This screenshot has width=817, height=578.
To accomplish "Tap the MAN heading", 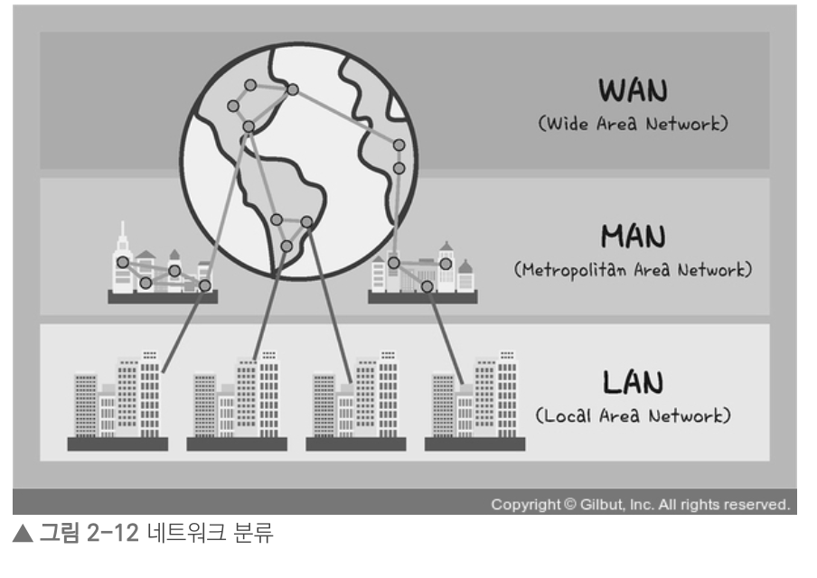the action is pyautogui.click(x=633, y=237).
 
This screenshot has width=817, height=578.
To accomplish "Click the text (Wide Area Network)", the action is pyautogui.click(x=633, y=124).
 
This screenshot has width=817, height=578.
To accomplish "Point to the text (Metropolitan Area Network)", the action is pyautogui.click(x=633, y=269).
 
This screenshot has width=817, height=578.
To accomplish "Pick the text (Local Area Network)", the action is pyautogui.click(x=633, y=415).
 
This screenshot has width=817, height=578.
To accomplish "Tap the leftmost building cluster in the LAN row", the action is pyautogui.click(x=117, y=403).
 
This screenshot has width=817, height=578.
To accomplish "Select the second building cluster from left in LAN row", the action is pyautogui.click(x=237, y=403).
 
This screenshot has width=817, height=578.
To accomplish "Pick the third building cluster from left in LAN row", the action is pyautogui.click(x=356, y=403).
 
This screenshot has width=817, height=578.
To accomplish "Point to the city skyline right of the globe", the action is pyautogui.click(x=422, y=271).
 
